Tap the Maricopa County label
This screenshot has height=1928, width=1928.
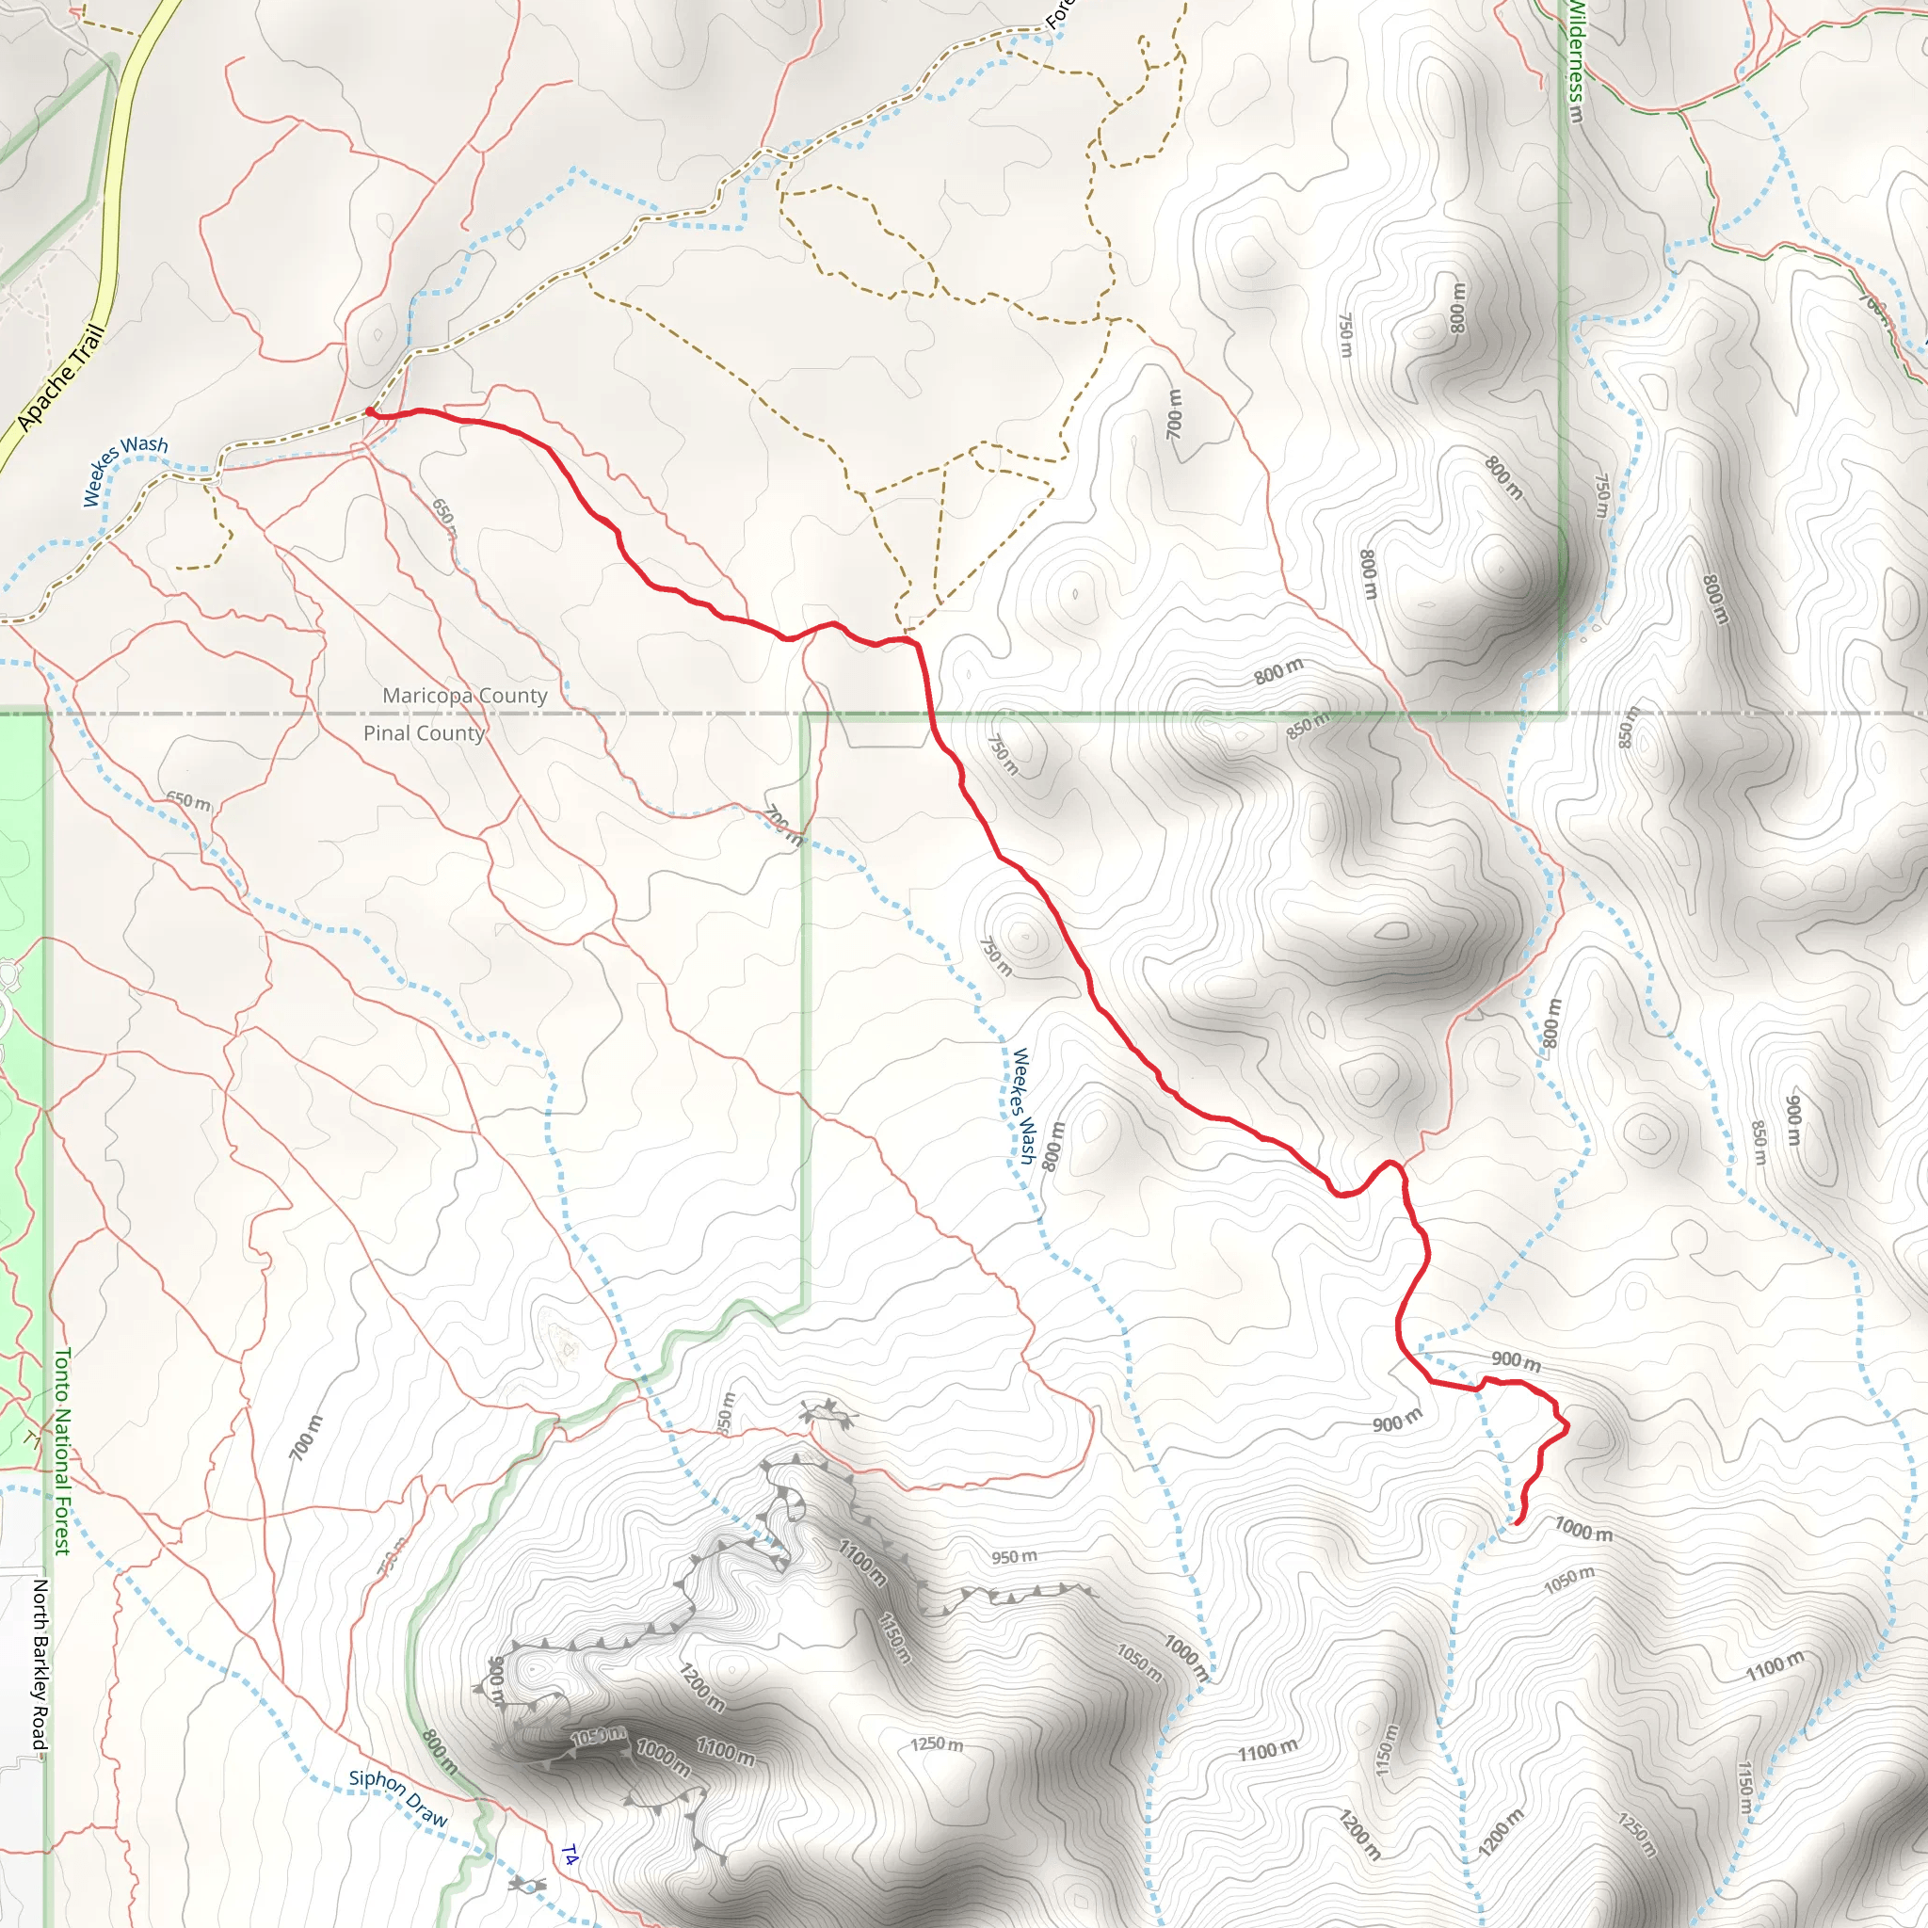pos(465,695)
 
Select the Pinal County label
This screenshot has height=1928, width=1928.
pos(425,732)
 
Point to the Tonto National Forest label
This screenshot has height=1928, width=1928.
pos(62,1451)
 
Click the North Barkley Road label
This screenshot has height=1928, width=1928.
pos(40,1663)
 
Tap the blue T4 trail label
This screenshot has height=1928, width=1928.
pos(569,1856)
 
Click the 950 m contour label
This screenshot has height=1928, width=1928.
pos(1014,1557)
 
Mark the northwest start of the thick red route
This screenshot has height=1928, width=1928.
pos(369,411)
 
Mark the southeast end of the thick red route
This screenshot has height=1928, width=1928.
pos(1517,1523)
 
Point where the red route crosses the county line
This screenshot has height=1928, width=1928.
pos(930,714)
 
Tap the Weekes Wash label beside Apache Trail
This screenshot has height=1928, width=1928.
pos(125,469)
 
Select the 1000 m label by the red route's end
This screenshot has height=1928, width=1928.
pos(1583,1528)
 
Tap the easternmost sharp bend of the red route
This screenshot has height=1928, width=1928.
pos(1566,1426)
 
